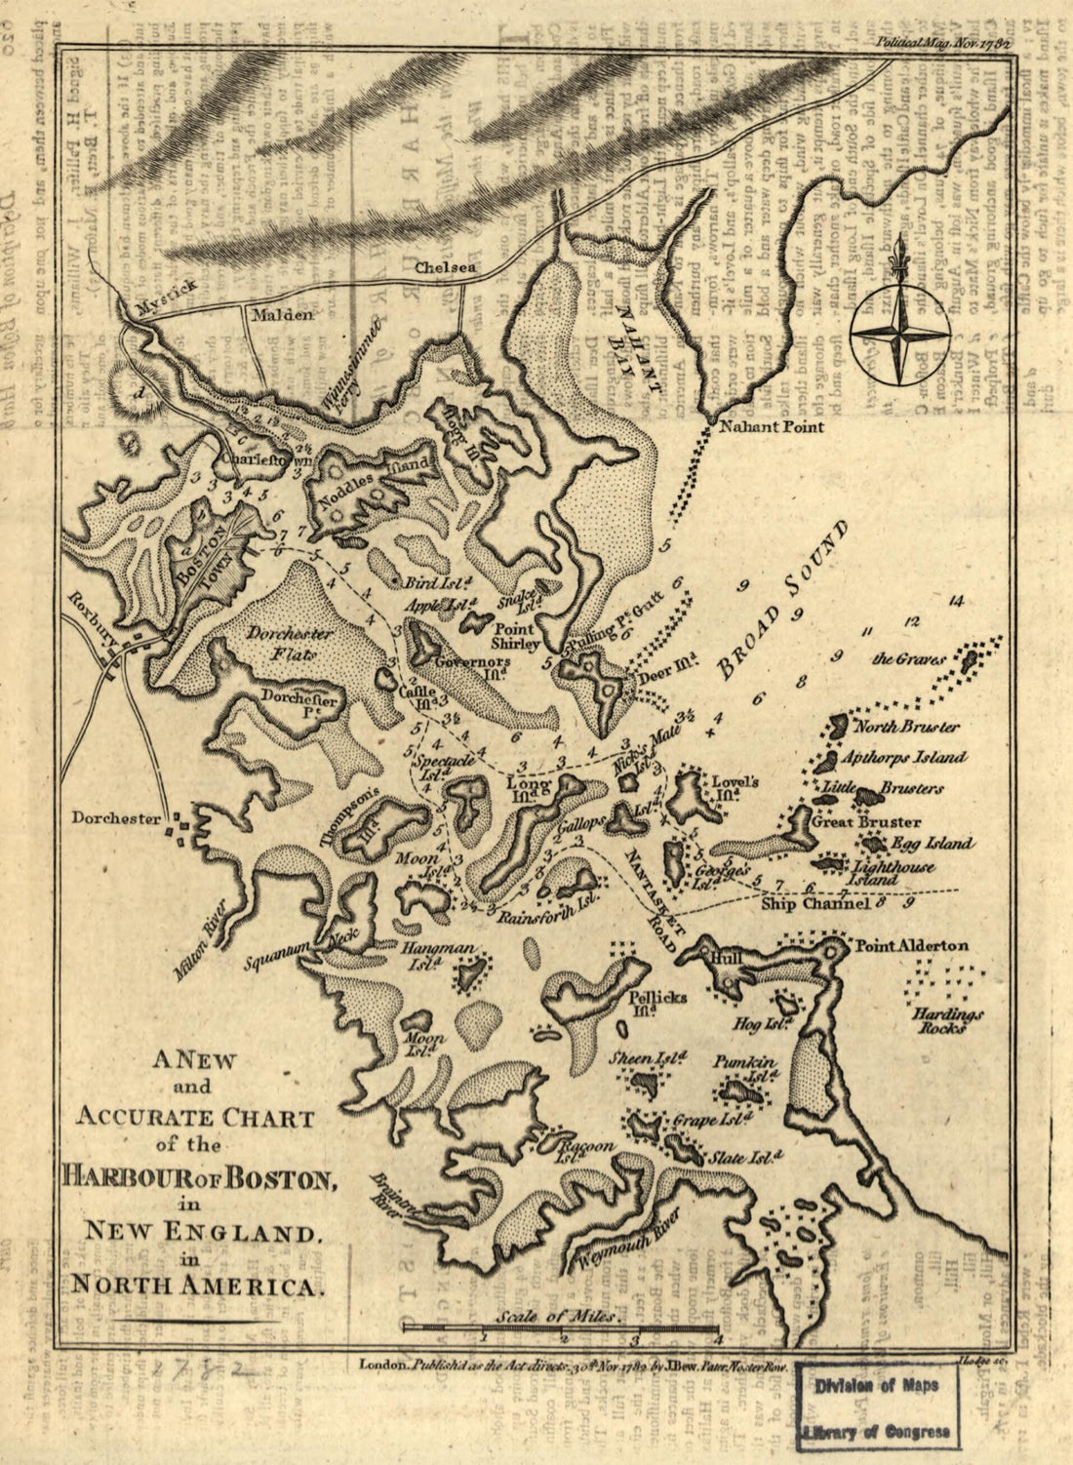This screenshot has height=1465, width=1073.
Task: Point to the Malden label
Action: [x=282, y=315]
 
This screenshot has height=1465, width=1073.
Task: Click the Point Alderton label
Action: [x=911, y=945]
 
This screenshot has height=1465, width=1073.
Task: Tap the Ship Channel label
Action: [x=815, y=904]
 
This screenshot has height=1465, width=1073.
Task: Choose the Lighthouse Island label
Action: [x=894, y=873]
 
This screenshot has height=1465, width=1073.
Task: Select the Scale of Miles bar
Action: [x=561, y=1327]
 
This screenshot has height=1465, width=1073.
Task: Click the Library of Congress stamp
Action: [x=875, y=1408]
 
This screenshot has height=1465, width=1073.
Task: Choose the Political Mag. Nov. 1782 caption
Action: [x=941, y=42]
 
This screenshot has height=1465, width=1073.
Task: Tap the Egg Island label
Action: [x=930, y=843]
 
